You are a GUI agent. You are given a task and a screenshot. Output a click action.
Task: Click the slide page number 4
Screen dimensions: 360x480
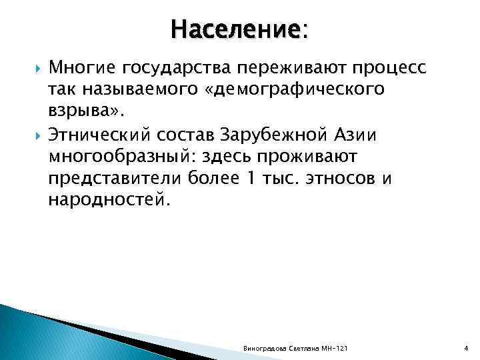coord(465,350)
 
